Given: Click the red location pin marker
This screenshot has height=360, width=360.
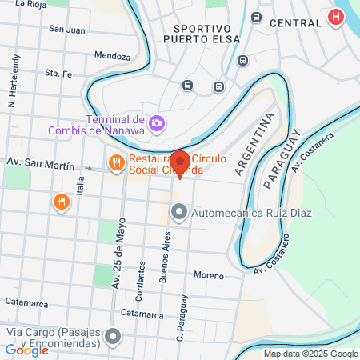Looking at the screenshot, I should tap(180, 162).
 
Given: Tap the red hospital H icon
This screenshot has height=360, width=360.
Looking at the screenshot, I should tap(337, 17).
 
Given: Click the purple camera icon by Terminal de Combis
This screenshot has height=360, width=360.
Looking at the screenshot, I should tap(158, 123).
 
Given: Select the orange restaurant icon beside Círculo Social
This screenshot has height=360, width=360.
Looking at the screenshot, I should tap(117, 163).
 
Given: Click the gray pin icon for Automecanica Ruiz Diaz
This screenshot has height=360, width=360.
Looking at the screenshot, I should tap(179, 213).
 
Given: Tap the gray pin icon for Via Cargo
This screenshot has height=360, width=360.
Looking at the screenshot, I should tap(114, 337).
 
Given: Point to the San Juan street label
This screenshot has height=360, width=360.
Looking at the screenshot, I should tap(66, 30).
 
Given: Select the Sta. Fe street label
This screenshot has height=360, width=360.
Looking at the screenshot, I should tap(58, 73).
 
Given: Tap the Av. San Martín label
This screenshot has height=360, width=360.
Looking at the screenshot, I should tap(41, 162).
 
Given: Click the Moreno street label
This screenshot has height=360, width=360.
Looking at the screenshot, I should tap(208, 275).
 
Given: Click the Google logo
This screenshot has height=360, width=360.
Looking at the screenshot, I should tap(26, 350).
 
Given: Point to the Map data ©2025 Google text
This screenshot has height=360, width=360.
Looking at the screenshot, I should tap(311, 354).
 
